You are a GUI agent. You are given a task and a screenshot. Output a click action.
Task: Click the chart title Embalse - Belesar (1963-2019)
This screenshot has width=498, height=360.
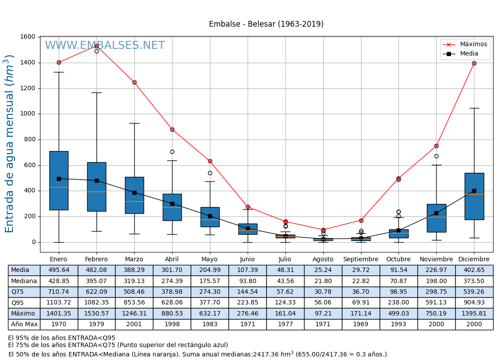click(266, 24)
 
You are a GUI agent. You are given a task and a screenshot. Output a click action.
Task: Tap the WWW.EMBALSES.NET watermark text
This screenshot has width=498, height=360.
click(104, 46)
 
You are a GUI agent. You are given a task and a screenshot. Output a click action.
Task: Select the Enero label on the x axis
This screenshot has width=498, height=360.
click(59, 260)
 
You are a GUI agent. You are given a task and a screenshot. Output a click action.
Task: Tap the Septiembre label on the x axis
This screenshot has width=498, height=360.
click(361, 260)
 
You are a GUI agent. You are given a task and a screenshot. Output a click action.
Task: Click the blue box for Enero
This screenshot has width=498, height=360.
click(59, 180)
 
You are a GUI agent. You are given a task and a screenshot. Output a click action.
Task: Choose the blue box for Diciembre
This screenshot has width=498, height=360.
click(474, 196)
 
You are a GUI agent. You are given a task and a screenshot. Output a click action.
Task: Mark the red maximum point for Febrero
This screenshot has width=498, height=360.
click(96, 46)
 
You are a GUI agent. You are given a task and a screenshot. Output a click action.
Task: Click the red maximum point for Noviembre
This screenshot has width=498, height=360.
click(436, 146)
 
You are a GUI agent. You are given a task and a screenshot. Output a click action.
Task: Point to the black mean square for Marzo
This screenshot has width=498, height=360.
click(134, 192)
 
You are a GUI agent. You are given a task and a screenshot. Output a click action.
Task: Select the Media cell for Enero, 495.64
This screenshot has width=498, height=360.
click(59, 270)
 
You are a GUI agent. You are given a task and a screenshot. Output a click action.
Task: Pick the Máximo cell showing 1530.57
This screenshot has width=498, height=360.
click(96, 314)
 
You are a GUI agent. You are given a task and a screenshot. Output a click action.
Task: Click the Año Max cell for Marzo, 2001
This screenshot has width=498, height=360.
click(134, 324)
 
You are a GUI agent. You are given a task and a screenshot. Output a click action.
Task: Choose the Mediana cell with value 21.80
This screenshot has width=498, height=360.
click(323, 281)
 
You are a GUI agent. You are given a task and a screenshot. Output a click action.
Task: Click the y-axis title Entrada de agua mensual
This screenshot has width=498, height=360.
click(10, 144)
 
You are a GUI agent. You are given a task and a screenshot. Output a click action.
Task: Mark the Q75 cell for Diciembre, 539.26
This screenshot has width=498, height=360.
click(474, 292)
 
